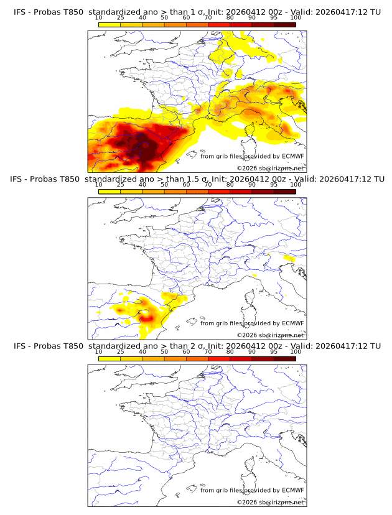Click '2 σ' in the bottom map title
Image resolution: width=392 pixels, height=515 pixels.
click(198, 346)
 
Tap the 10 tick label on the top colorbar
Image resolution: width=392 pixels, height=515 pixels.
click(99, 17)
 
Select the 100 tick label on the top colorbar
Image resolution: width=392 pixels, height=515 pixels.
click(295, 17)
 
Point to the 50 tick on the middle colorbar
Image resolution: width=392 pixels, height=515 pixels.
click(164, 185)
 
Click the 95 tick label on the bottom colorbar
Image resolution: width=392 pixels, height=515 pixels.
click(274, 352)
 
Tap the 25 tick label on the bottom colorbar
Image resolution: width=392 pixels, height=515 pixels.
click(121, 352)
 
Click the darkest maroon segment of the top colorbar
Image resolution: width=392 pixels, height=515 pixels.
click(284, 25)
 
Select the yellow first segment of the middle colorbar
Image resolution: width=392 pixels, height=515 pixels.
click(110, 192)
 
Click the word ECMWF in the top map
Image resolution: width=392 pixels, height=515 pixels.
click(292, 156)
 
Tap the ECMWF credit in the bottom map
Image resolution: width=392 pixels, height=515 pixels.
click(292, 491)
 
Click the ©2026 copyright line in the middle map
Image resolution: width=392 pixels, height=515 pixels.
click(270, 335)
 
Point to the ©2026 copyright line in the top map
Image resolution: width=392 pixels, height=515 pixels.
click(270, 169)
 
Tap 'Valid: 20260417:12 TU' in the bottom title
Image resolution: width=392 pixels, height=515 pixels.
click(337, 346)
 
